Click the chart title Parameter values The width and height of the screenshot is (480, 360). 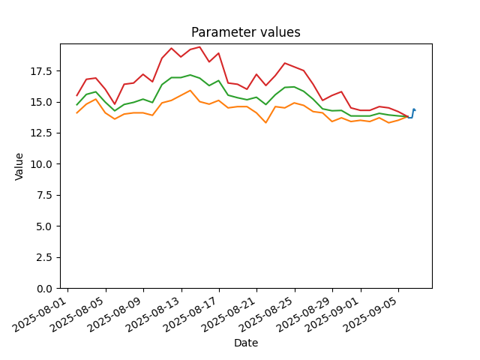point(246,32)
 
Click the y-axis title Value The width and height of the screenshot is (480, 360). point(19,166)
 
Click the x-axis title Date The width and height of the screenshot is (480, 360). point(246,343)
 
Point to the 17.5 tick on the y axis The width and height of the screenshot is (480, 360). point(43,71)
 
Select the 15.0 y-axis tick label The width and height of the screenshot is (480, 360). point(43,102)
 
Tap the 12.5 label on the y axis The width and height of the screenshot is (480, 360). point(43,133)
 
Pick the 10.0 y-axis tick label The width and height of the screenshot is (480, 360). point(43,164)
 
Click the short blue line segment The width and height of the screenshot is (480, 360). point(412,114)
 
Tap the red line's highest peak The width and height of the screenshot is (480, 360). point(199,46)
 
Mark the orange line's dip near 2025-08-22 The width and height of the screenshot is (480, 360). point(265,123)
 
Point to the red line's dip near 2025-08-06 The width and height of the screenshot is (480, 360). point(115,104)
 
